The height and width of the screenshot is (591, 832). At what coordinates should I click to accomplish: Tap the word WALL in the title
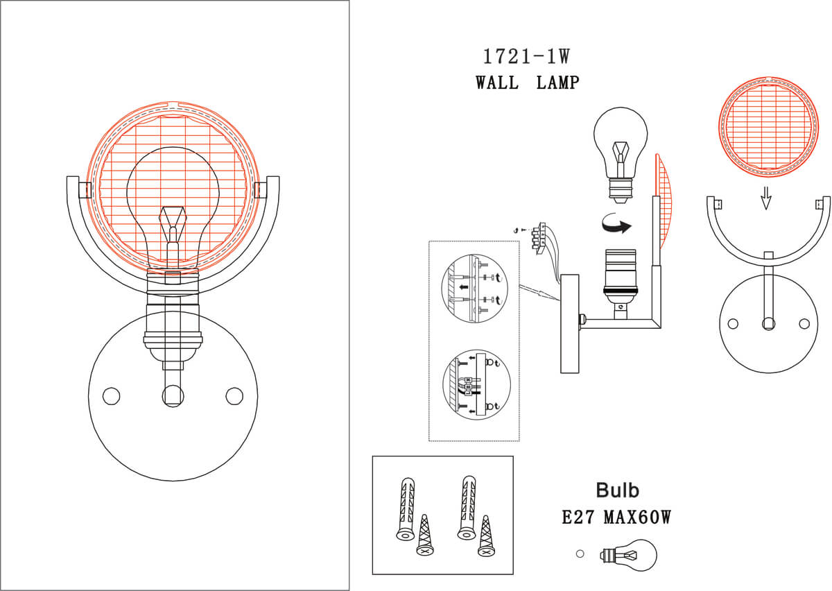497,83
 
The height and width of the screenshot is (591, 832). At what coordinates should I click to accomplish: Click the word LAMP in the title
557,83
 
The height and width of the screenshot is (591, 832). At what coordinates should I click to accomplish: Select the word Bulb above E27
617,490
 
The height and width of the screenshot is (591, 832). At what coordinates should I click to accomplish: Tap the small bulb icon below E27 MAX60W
630,555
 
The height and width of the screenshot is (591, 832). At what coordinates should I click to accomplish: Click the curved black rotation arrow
614,225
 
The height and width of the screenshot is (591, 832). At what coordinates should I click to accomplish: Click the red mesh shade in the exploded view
767,127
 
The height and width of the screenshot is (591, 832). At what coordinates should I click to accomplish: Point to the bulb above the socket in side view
621,146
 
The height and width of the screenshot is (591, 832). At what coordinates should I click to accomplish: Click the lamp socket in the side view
621,277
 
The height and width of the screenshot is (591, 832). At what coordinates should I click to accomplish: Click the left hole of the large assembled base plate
110,396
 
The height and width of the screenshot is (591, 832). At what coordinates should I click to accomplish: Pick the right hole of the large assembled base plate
234,396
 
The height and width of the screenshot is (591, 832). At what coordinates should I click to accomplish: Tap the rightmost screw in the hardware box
487,536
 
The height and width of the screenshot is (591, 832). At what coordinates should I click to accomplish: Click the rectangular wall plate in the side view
569,323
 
